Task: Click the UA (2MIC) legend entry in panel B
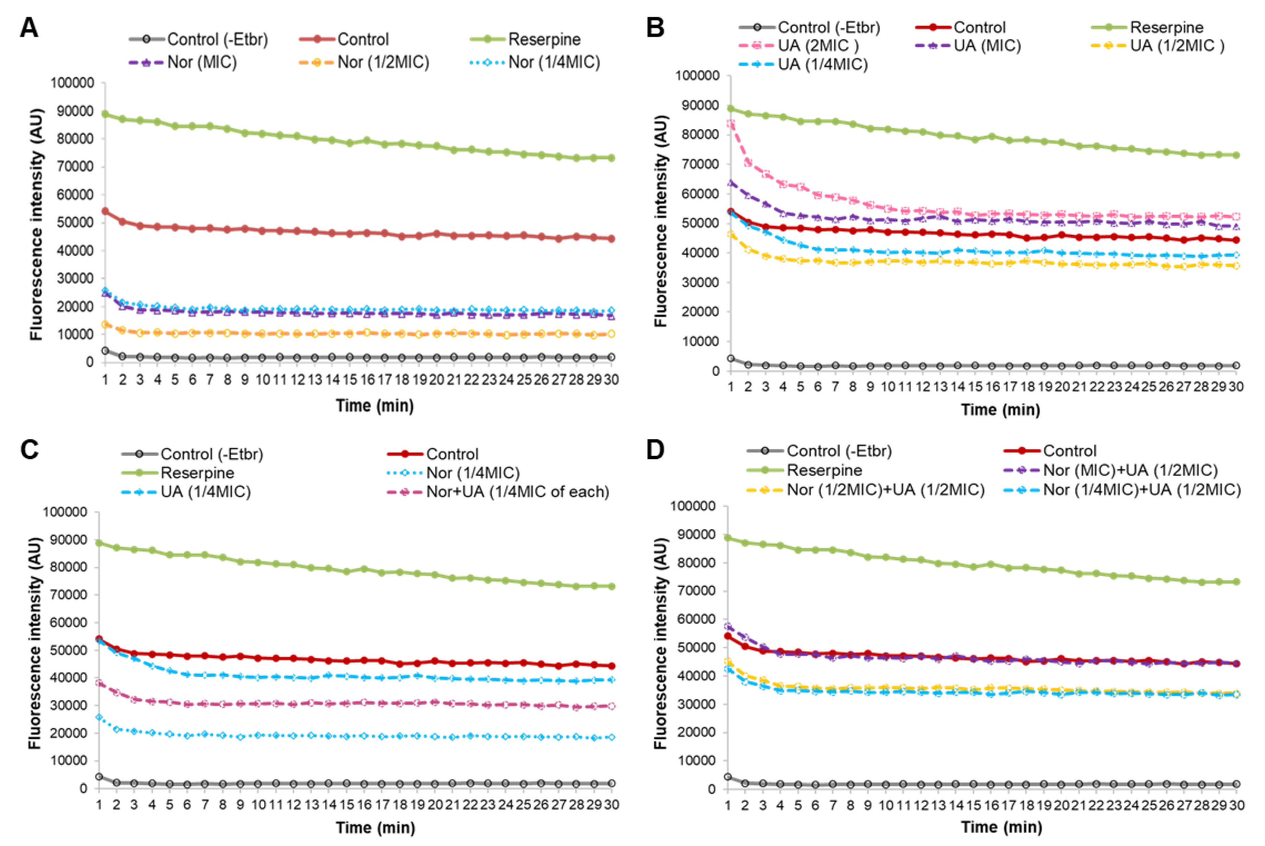[817, 46]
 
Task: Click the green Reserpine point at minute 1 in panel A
[105, 114]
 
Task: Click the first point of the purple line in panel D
[728, 626]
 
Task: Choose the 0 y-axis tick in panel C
[83, 788]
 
